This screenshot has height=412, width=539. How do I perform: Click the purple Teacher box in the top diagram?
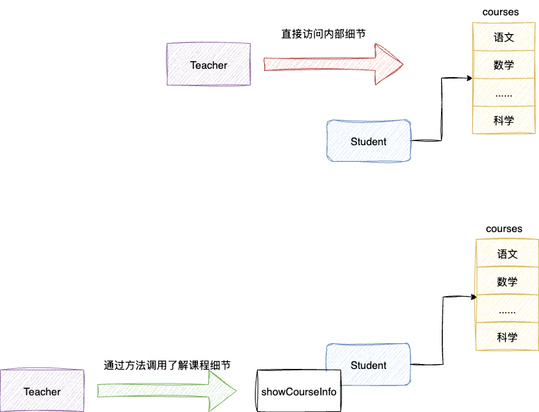(x=208, y=65)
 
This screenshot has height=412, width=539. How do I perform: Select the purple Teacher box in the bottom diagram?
(x=42, y=391)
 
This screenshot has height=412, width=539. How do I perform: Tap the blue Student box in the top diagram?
(x=368, y=141)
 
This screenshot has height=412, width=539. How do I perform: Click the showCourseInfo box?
(x=299, y=391)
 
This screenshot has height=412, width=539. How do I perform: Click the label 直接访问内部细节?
(x=323, y=33)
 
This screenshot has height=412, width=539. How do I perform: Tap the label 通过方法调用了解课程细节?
(x=167, y=365)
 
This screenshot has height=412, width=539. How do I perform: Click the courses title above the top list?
(x=500, y=12)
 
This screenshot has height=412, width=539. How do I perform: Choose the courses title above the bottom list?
(x=504, y=229)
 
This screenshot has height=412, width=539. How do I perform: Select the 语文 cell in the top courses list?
(x=504, y=37)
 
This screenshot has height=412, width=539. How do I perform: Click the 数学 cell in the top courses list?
(x=504, y=65)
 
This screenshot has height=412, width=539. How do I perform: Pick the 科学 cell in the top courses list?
(x=504, y=120)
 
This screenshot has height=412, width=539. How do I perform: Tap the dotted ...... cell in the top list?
(x=504, y=92)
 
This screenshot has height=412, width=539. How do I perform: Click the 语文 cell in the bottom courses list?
(x=507, y=254)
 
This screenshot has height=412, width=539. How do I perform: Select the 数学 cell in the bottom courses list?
(x=507, y=281)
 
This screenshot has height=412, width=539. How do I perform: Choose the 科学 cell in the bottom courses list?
(x=507, y=337)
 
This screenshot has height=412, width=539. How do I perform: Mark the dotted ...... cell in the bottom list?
(x=507, y=309)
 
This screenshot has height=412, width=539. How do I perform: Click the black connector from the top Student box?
(x=442, y=111)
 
